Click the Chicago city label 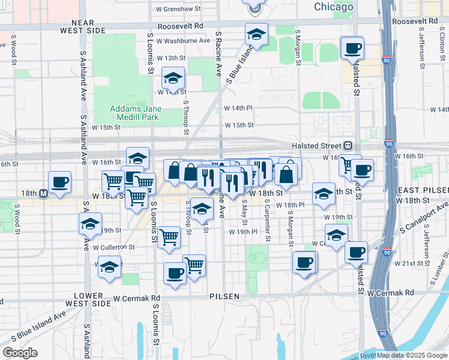click(333, 7)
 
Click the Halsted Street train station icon click(348, 146)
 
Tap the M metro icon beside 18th click(43, 194)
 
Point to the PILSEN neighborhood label click(225, 296)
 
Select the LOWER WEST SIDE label click(93, 299)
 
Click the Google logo click(20, 353)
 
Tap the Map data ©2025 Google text click(411, 355)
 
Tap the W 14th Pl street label click(238, 107)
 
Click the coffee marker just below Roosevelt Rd click(352, 47)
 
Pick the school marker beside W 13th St click(173, 78)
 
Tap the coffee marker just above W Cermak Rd click(175, 273)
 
